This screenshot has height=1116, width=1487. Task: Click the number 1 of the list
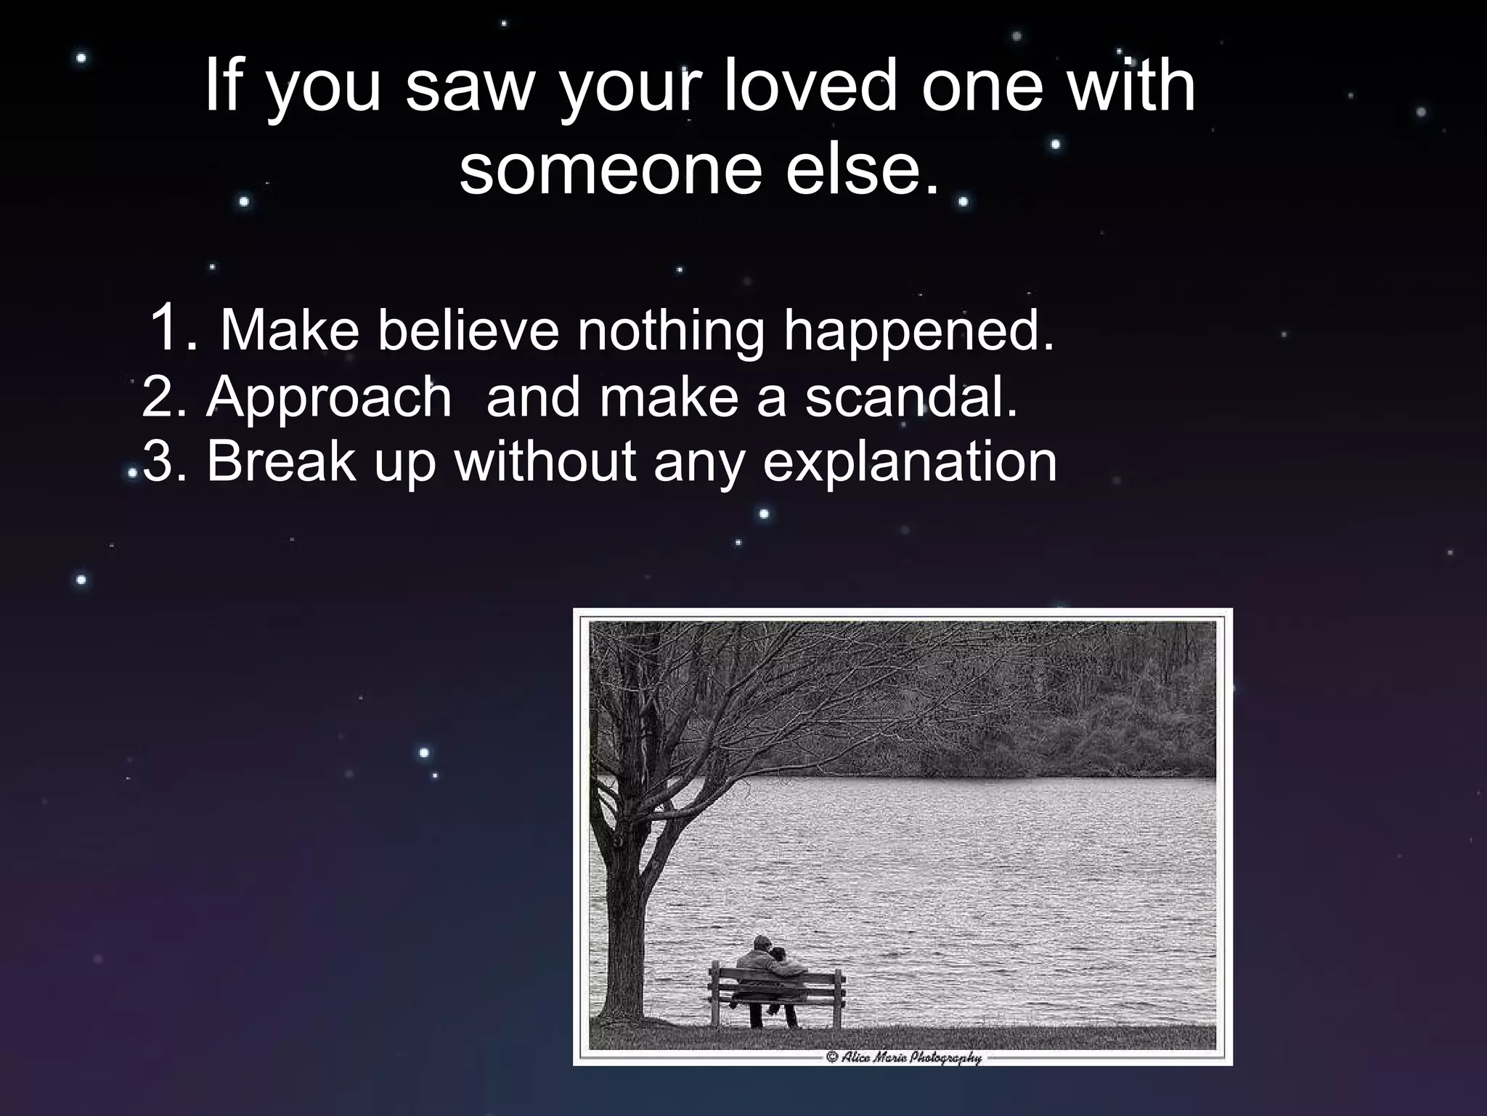coord(171,328)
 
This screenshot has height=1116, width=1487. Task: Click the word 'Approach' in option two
coord(329,398)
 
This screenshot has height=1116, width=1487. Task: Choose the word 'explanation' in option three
coord(910,463)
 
